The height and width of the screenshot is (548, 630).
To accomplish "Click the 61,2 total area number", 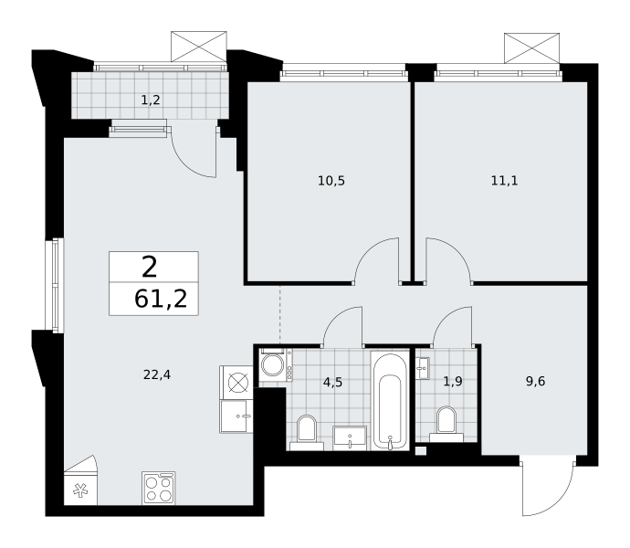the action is pos(161,299).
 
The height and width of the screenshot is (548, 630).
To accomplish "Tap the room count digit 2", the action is pos(149,268).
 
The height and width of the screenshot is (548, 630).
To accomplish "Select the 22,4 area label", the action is pos(157,374).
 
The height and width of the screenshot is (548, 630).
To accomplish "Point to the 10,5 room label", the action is pos(331,181).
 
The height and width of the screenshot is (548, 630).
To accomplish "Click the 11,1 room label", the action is pos(505,181).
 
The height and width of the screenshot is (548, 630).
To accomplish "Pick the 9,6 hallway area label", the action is pos(536,381).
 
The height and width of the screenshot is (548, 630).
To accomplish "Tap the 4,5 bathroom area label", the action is pos(332,382).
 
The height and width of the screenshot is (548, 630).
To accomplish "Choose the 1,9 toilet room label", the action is pos(453,381).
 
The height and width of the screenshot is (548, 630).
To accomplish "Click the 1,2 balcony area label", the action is pos(151,100).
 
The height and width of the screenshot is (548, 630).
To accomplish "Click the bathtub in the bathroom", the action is pos(390,400).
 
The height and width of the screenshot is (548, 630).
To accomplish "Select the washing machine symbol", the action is pos(276,364).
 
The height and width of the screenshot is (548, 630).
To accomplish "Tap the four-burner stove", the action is pos(159,488).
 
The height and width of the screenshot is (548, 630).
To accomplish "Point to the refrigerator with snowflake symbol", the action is pos(80,480).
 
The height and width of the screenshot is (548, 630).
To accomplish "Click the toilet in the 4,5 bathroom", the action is pos(307,433).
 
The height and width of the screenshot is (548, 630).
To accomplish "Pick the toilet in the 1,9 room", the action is pos(446,425).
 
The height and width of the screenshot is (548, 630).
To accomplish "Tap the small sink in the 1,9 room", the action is pos(423,368).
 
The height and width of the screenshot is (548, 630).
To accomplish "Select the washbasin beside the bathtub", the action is pos(350,438).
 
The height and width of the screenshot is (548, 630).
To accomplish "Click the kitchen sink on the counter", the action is pos(236,416).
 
